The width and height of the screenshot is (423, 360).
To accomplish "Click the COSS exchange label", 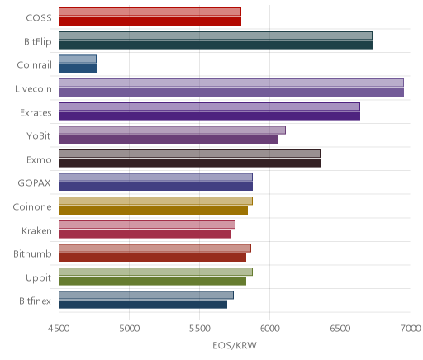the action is click(x=39, y=18).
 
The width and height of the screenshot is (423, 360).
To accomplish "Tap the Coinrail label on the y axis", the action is click(x=35, y=65).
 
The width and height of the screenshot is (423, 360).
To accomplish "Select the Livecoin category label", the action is click(x=33, y=89).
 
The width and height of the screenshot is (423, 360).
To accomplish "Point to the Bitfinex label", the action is click(x=36, y=301).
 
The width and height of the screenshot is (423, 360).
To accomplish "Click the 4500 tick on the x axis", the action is click(x=59, y=329).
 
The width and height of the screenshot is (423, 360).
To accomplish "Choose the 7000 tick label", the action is click(x=411, y=329).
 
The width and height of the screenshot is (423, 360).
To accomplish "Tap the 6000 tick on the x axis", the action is click(x=269, y=329).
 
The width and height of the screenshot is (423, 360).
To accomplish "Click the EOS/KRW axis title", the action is click(x=235, y=345).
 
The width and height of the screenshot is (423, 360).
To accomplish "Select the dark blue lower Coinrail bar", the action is click(x=78, y=69).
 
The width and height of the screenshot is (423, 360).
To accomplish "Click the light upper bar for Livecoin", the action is click(x=231, y=83).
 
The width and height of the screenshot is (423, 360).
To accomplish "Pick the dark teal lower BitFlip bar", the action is click(x=216, y=45).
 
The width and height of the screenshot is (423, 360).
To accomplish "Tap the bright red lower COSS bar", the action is click(x=150, y=21).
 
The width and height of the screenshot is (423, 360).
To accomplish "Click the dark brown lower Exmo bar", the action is click(x=189, y=163).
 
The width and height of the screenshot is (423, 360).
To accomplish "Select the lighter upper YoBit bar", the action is click(x=172, y=130).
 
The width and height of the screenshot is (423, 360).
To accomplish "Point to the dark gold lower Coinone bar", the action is click(x=153, y=211).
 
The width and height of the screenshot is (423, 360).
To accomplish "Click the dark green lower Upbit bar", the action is click(x=152, y=281).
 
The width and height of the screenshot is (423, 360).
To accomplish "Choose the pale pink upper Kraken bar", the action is click(x=147, y=225).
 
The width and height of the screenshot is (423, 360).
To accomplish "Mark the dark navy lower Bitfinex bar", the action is click(x=143, y=305).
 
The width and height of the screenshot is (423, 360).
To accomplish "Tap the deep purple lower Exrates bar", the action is click(x=209, y=116).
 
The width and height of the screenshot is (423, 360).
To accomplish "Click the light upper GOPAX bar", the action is click(x=155, y=178).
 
